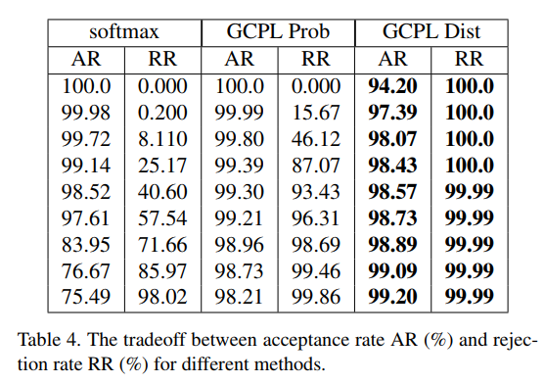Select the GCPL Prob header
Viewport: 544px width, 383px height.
[x=275, y=33]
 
